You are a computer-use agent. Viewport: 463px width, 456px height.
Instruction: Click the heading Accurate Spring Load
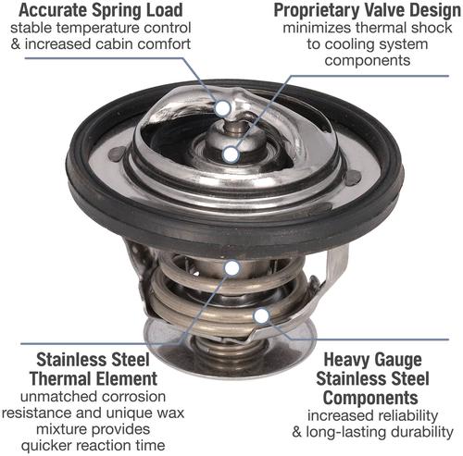coord(101,10)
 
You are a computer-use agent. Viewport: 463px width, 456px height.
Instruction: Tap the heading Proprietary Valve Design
coord(367,10)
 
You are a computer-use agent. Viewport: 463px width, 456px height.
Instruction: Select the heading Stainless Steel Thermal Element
coord(94,369)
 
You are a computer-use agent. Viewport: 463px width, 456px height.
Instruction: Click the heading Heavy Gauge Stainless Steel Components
coord(372,378)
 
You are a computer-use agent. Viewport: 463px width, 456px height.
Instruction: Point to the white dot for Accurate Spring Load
coord(223,108)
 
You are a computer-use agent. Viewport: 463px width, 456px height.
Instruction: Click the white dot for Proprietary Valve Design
coord(231,154)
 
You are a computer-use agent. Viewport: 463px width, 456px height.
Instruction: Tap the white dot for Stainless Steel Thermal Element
coord(232,268)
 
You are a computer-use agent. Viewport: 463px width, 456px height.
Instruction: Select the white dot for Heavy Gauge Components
coord(261,315)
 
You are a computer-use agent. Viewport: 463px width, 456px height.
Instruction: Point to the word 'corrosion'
coord(133,397)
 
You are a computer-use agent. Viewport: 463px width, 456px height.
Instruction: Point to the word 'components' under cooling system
coord(368,60)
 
